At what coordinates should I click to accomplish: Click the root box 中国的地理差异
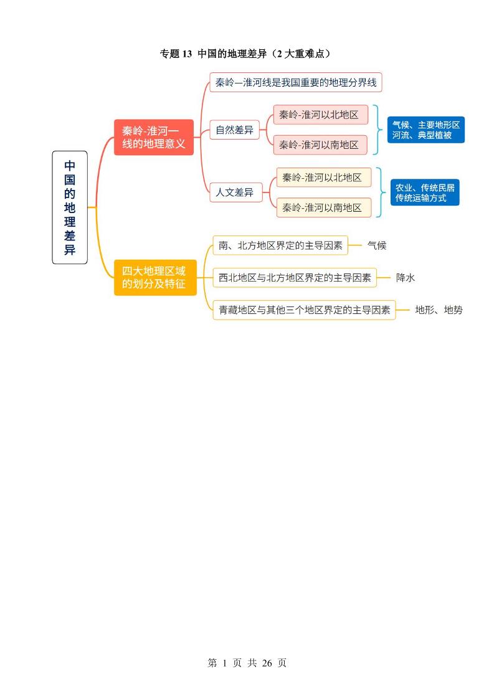click(70, 207)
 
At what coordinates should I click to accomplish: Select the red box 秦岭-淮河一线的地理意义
click(154, 137)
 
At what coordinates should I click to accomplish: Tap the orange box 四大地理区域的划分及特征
click(155, 277)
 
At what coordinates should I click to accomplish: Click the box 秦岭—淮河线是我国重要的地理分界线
click(296, 82)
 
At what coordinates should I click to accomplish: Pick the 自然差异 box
click(234, 130)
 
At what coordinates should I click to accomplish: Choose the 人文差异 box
click(234, 193)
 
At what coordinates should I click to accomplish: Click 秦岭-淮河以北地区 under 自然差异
click(320, 115)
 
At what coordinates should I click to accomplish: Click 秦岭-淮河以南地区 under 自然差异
click(320, 145)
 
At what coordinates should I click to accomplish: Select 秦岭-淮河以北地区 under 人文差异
click(323, 178)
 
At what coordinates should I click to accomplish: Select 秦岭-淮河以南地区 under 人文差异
click(323, 207)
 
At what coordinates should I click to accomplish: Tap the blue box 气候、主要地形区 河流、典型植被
click(426, 130)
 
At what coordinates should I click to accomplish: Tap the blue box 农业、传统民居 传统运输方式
click(425, 193)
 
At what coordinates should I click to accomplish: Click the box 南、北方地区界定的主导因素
click(280, 245)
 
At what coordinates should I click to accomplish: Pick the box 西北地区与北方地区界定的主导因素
click(295, 278)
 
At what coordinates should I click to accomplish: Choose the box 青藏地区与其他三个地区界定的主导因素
click(305, 310)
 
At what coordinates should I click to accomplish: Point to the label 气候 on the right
click(377, 245)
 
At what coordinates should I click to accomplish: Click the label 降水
click(406, 278)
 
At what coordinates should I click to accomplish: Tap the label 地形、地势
click(439, 310)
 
